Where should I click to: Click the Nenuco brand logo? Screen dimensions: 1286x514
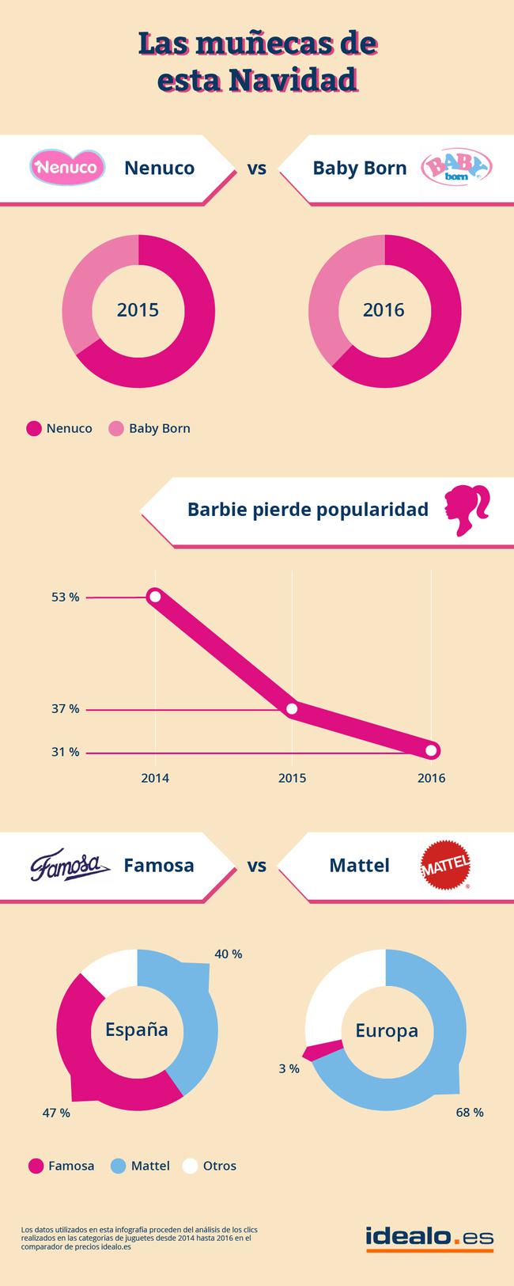click(68, 168)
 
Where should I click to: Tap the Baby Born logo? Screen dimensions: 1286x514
click(456, 168)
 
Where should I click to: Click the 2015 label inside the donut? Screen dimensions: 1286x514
click(138, 310)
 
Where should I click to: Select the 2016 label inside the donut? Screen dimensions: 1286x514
click(384, 310)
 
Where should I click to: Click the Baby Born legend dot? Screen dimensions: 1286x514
click(116, 429)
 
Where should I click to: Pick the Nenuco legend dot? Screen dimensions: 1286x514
click(34, 429)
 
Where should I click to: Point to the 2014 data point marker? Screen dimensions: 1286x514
click(155, 597)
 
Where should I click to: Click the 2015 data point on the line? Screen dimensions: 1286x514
click(292, 708)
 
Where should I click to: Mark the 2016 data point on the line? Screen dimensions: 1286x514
click(431, 750)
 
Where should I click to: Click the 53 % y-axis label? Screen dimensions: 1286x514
click(66, 597)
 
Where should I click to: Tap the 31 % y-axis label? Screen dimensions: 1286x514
click(66, 752)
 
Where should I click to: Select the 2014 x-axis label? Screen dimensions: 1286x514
click(155, 778)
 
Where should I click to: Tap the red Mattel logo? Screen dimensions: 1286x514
click(445, 865)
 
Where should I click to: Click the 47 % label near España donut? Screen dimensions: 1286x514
click(56, 1113)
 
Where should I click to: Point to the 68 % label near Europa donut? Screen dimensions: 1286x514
click(469, 1113)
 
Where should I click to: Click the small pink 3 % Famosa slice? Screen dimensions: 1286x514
click(324, 1050)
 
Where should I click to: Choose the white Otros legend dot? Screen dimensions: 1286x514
click(190, 1166)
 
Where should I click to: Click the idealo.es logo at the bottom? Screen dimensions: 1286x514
click(429, 1238)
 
